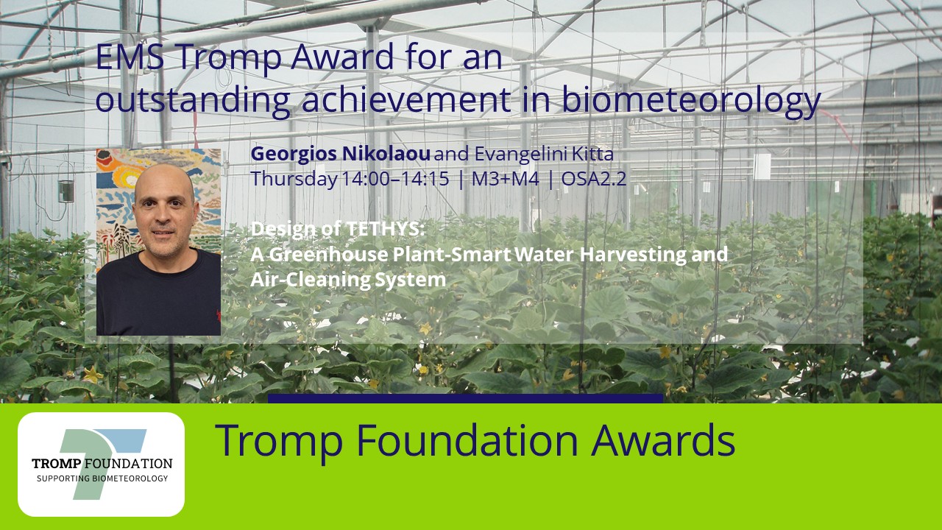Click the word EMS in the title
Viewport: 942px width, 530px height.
click(130, 57)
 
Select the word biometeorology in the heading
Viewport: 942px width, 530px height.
click(691, 101)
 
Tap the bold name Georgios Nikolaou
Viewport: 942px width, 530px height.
click(340, 154)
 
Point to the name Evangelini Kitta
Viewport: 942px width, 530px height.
click(544, 154)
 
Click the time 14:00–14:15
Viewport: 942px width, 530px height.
click(395, 179)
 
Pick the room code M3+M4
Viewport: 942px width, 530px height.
click(505, 179)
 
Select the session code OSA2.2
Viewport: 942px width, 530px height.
click(594, 179)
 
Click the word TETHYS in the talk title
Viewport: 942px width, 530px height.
click(384, 229)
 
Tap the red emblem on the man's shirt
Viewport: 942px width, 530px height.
click(219, 316)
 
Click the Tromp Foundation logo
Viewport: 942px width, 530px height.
click(102, 464)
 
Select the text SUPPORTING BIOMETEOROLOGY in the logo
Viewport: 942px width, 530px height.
click(102, 478)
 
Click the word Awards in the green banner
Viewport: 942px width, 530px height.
click(663, 440)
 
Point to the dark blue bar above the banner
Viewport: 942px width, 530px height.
click(466, 398)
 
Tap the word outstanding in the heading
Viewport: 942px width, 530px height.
click(193, 101)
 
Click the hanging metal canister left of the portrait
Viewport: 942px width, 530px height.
click(66, 191)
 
